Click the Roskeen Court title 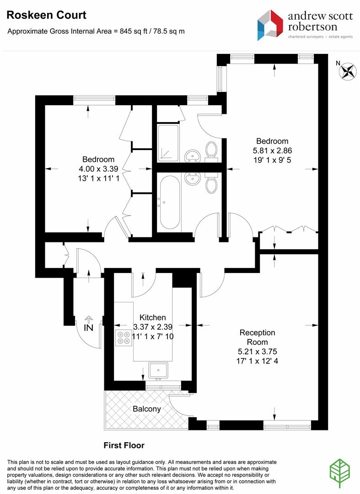46,15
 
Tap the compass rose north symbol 347,71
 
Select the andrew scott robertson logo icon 270,25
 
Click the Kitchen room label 152,317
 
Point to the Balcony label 147,409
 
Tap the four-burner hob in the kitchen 124,338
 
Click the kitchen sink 158,370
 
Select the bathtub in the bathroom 170,202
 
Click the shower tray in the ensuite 168,143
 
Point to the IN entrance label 89,328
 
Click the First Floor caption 124,445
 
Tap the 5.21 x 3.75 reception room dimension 258,352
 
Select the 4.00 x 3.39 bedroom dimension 99,169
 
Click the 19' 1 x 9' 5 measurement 272,160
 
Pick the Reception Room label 258,337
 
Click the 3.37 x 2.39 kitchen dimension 152,327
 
